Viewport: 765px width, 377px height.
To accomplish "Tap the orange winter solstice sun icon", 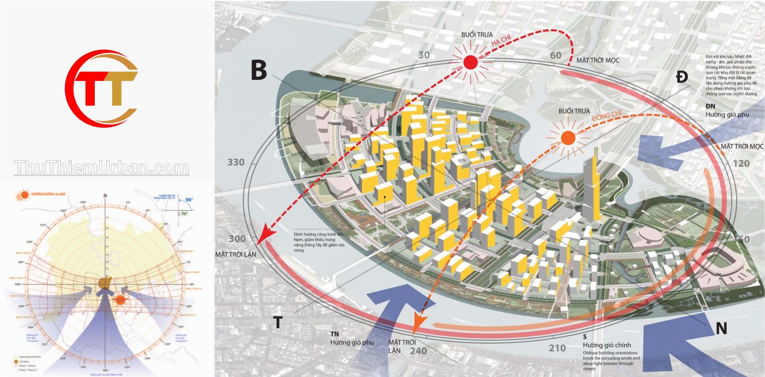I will coord(568,138).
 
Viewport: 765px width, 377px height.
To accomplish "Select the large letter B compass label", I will coord(259,70).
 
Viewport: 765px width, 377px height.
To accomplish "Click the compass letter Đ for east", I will coord(682,77).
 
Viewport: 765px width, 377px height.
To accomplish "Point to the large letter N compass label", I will coord(721,329).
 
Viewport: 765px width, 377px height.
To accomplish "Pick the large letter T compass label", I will coord(277,322).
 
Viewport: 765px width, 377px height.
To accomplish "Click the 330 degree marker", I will coord(236,162).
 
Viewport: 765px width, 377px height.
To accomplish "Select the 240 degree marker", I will coord(418,351).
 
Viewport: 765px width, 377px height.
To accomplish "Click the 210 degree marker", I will coord(557,348).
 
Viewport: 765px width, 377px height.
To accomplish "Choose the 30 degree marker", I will coord(424,55).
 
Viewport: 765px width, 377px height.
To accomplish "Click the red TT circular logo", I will coord(102,88).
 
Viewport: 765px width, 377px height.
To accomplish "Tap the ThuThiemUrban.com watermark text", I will coord(102,167).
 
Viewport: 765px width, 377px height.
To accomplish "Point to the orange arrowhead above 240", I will coord(420,320).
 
